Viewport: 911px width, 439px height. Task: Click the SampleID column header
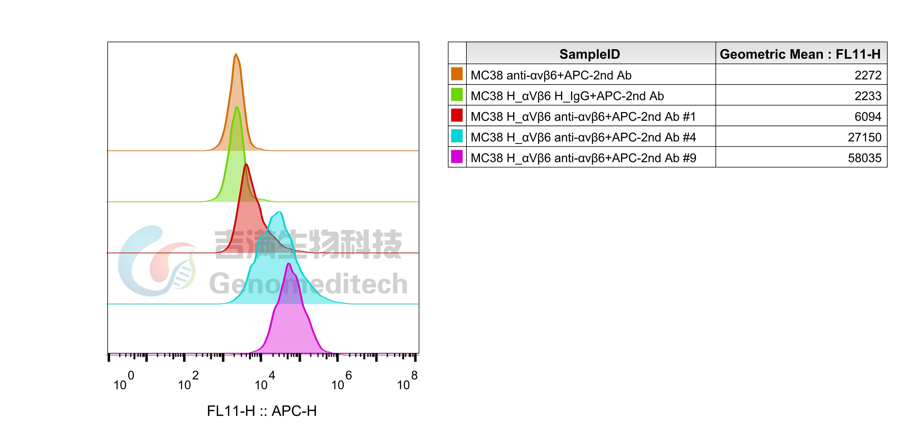pos(590,54)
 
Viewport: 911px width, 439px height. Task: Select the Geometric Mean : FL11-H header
pos(800,54)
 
